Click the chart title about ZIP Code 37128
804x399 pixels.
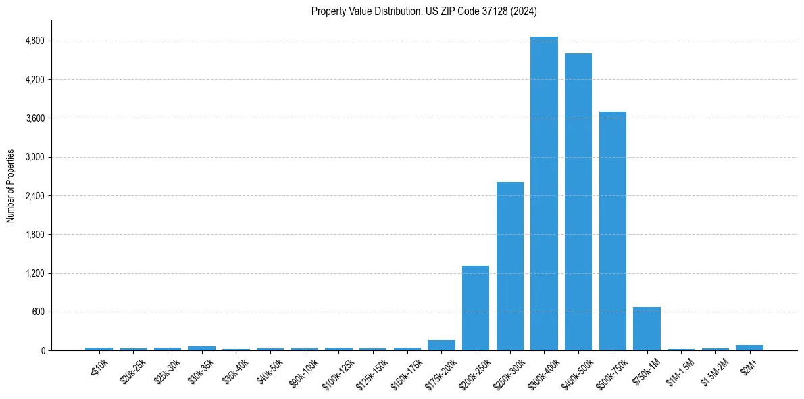(424, 11)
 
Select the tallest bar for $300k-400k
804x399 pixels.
(544, 193)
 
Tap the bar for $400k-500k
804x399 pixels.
(578, 202)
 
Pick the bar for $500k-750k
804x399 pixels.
(613, 231)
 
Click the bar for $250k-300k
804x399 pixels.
(510, 266)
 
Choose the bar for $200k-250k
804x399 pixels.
(476, 308)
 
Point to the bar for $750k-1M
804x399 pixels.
(647, 329)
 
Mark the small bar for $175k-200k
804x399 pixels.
(441, 345)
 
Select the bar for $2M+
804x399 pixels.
(749, 348)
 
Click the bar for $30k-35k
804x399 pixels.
(201, 348)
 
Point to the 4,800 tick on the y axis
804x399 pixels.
(34, 41)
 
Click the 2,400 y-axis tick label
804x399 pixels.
(34, 196)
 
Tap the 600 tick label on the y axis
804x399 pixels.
(38, 312)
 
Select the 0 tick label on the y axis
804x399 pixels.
(42, 351)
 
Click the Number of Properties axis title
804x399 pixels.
(11, 186)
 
